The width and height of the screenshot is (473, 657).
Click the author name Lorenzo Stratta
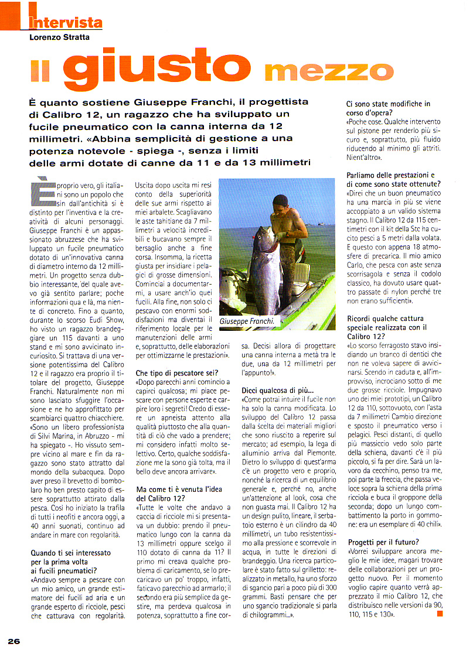point(60,38)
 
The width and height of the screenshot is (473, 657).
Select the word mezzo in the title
point(328,71)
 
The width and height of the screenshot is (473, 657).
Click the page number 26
point(14,641)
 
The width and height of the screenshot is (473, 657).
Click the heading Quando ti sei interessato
point(72,552)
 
